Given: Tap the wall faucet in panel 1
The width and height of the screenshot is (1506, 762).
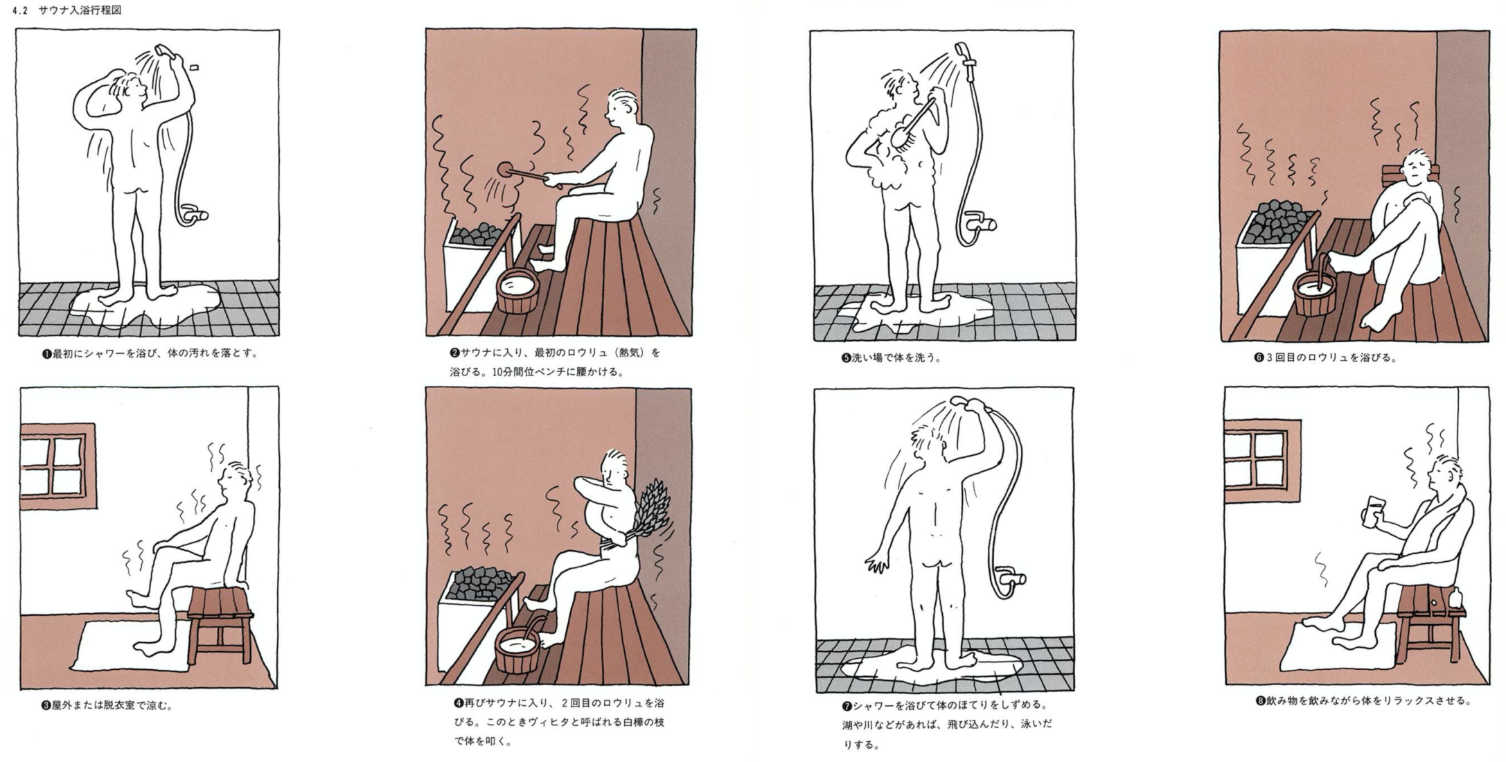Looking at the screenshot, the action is pos(196,214).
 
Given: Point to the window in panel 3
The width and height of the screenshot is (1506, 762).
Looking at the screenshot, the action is pos(58,466).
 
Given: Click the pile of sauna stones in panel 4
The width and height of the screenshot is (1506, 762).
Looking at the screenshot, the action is pos(481,581).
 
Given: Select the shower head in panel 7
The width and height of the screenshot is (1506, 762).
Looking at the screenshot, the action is pos(963,402).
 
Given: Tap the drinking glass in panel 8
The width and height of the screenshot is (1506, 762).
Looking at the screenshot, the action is pos(1368,511).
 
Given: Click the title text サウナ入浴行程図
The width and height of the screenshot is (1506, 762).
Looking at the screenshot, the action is pos(80,10).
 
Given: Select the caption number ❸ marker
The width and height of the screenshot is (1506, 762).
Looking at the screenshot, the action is pos(46,706).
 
